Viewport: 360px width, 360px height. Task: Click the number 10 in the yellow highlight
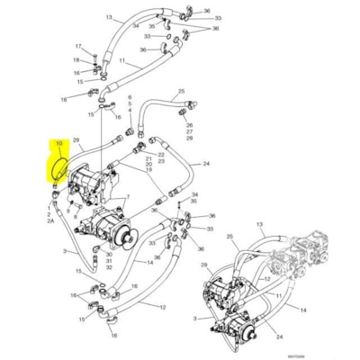[59, 144]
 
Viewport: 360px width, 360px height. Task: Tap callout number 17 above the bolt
[78, 46]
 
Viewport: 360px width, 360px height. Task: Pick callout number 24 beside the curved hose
[206, 164]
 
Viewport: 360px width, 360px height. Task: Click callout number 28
[189, 140]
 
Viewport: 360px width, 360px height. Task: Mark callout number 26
[189, 124]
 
